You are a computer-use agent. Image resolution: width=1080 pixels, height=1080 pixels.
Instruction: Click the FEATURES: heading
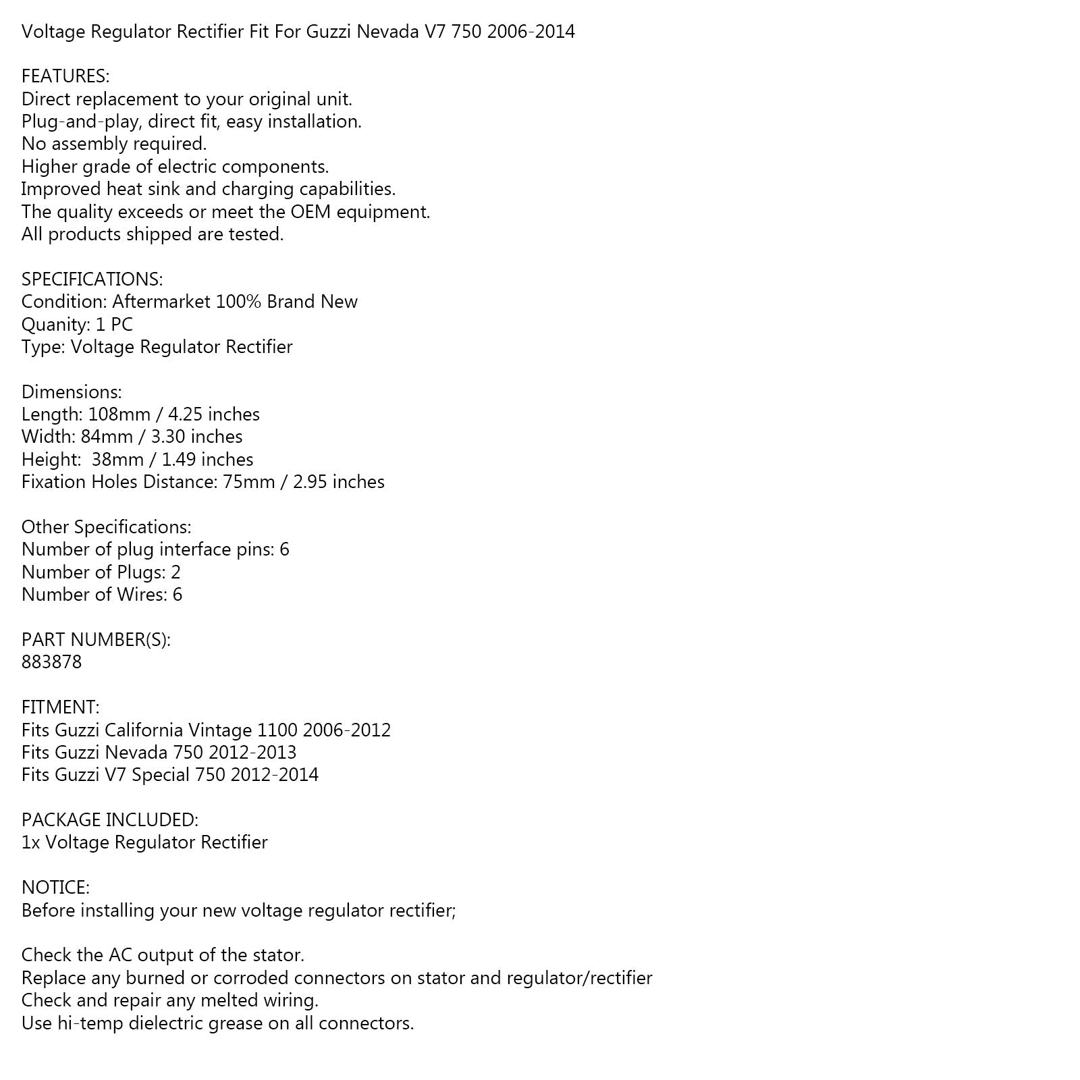pyautogui.click(x=65, y=76)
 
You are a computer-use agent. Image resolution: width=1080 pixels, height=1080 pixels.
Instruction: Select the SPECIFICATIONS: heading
pyautogui.click(x=92, y=279)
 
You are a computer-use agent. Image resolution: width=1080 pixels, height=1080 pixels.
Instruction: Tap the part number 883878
pyautogui.click(x=51, y=661)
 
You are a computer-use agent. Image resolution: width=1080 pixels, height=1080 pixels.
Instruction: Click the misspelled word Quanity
pyautogui.click(x=55, y=325)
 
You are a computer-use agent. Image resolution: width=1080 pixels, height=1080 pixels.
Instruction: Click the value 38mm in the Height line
pyautogui.click(x=114, y=460)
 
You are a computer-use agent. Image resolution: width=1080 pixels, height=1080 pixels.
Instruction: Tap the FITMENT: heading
pyautogui.click(x=60, y=707)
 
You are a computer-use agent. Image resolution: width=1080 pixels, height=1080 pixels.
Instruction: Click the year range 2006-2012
pyautogui.click(x=347, y=730)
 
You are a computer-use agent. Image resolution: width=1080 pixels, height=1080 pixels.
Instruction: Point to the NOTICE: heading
pyautogui.click(x=55, y=887)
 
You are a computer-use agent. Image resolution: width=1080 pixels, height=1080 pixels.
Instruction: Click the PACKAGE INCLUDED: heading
pyautogui.click(x=110, y=819)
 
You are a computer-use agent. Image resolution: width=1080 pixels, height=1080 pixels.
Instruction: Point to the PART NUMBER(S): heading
pyautogui.click(x=96, y=639)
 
